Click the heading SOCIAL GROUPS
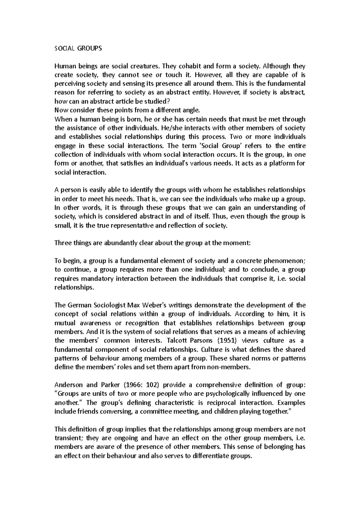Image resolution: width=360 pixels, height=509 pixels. tap(78, 48)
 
